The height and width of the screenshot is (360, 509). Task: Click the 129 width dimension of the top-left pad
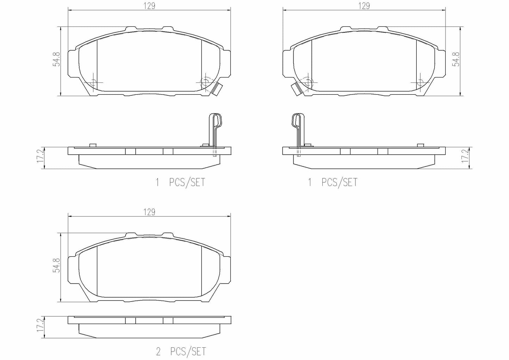pos(149,6)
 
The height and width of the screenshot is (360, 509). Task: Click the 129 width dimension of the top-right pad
pos(364,6)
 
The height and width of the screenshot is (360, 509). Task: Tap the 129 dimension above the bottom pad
pos(149,212)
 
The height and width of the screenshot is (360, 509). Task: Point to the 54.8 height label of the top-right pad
pos(457,59)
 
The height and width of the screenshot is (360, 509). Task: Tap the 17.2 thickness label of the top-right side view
pos(466,155)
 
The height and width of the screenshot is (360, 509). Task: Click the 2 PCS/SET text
pos(181,352)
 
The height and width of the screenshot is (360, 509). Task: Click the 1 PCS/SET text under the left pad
pos(181,182)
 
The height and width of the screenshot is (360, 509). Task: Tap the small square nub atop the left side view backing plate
pos(93,145)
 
